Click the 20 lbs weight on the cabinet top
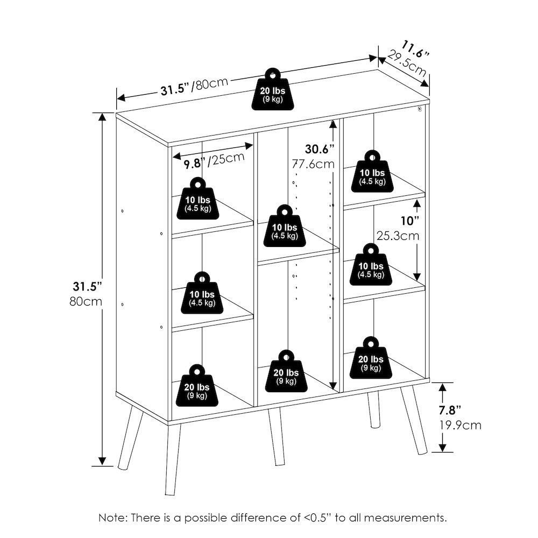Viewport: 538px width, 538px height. (x=272, y=89)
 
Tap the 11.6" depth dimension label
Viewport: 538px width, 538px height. (x=415, y=49)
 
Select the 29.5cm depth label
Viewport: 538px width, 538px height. (x=407, y=64)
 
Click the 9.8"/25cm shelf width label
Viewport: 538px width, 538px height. (x=214, y=160)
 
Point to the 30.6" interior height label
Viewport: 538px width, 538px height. (x=320, y=149)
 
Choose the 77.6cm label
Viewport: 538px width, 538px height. (x=313, y=164)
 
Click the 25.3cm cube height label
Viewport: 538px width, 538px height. (x=398, y=236)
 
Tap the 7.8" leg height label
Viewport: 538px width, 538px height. (x=450, y=410)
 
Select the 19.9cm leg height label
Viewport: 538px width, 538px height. (x=461, y=425)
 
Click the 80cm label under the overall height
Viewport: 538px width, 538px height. (x=86, y=302)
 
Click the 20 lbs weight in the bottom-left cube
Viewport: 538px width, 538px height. (x=197, y=386)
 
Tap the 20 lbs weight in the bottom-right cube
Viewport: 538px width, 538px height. (x=371, y=358)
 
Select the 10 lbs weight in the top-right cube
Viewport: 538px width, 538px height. (x=372, y=171)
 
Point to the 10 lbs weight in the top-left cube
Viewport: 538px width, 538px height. (x=198, y=199)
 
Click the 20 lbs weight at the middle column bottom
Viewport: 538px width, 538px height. (x=286, y=371)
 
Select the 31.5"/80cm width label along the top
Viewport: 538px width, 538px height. (x=194, y=86)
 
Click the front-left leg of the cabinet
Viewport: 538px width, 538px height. (x=173, y=459)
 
